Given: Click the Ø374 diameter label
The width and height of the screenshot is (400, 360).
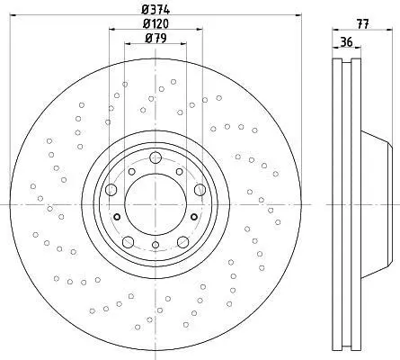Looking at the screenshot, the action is [x=156, y=10].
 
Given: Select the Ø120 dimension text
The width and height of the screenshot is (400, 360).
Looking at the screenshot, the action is [x=156, y=23].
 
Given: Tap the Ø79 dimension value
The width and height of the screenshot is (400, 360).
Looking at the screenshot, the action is [x=156, y=38].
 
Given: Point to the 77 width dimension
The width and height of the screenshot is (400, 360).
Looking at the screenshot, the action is [x=362, y=24].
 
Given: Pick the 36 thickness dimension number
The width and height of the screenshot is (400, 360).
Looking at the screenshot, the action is [x=347, y=41].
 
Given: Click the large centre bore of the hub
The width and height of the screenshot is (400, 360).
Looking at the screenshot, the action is [x=156, y=204].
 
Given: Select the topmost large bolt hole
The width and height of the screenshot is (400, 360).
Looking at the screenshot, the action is [x=156, y=157].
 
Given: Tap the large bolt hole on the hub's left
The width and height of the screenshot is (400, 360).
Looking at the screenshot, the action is [x=111, y=190].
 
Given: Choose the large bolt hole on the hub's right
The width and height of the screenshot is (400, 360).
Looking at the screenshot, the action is [x=200, y=190].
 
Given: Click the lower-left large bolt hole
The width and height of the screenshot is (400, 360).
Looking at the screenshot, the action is [x=128, y=242].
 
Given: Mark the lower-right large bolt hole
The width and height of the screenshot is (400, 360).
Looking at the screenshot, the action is [x=183, y=242].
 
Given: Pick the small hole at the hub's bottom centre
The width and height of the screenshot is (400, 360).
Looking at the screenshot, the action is [x=156, y=245].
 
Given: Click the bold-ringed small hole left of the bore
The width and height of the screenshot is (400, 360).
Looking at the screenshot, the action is [x=117, y=217].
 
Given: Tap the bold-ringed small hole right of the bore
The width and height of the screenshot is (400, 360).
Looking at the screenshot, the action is [x=194, y=217].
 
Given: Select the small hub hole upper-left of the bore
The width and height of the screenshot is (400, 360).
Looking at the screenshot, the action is [x=131, y=172].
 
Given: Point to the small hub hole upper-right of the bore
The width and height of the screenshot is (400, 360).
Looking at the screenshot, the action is [x=180, y=172].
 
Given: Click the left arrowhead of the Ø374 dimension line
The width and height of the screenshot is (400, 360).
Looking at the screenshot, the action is [x=13, y=14].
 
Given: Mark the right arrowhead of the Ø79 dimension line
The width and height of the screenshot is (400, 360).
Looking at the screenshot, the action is [x=183, y=44].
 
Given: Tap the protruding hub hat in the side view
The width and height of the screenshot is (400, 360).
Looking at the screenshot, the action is [x=377, y=204].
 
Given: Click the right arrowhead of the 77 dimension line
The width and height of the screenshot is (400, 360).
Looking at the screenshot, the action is [x=390, y=30].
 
